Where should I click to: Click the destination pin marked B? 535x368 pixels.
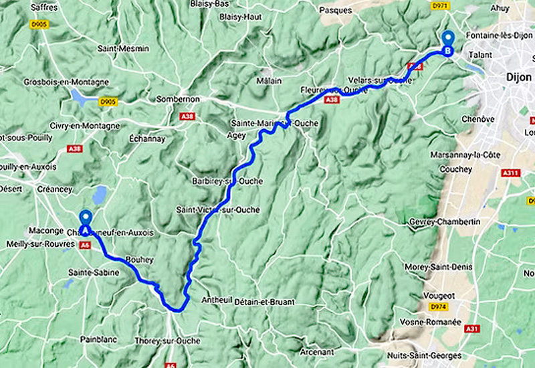click(448, 41)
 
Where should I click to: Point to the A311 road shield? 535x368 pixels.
click(511, 173)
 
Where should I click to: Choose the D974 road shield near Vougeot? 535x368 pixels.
click(439, 307)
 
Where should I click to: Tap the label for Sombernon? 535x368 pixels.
click(177, 99)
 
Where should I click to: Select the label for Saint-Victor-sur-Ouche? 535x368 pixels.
click(217, 209)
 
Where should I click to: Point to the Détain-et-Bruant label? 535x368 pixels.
click(264, 302)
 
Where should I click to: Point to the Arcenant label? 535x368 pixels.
click(317, 352)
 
